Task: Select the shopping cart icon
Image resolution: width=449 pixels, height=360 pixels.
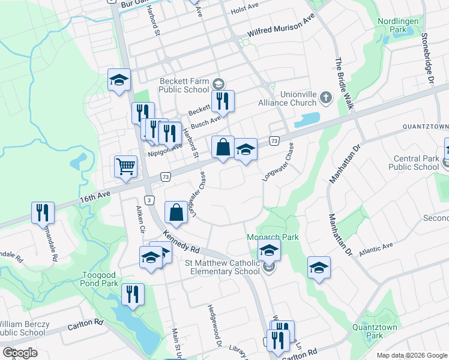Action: point(125,166)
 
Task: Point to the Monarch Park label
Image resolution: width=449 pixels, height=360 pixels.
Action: point(273,237)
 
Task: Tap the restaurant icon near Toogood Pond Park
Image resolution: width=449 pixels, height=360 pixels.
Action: point(133,293)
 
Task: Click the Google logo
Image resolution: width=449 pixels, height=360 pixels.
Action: point(20,352)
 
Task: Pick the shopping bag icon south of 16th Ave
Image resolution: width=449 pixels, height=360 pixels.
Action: point(176,211)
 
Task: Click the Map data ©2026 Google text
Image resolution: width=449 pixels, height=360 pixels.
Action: point(411,355)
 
